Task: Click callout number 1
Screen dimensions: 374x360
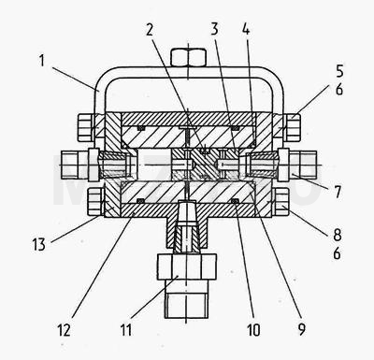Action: point(41,61)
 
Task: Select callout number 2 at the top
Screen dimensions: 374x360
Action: point(150,30)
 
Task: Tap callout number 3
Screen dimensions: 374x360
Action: point(214,29)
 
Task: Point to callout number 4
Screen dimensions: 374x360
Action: point(246,29)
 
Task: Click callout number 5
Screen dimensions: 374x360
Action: point(339,71)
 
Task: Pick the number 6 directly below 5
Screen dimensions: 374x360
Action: point(339,90)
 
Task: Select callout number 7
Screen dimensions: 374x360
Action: point(338,192)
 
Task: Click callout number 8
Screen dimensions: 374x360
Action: point(338,235)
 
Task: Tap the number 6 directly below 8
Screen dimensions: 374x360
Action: point(337,253)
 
